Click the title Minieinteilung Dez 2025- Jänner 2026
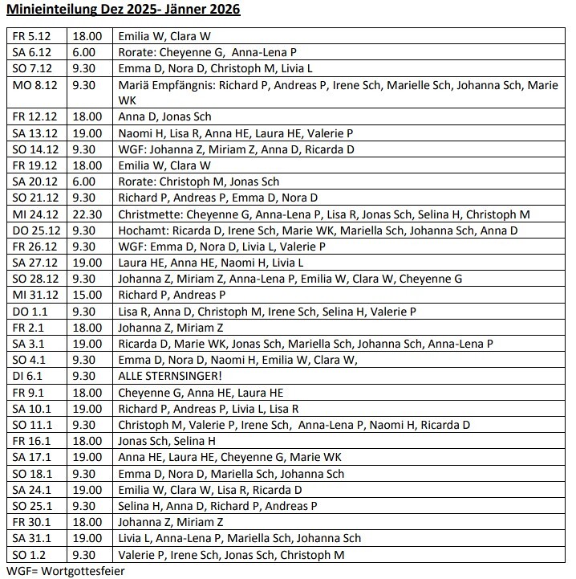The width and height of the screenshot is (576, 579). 123,10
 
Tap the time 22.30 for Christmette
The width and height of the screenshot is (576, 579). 87,214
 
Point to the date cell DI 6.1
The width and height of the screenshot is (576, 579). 26,376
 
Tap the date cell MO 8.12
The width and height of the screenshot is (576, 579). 31,84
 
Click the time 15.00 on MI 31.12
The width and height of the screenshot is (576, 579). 87,295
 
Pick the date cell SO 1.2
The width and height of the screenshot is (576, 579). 27,554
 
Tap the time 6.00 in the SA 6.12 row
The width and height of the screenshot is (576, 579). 83,52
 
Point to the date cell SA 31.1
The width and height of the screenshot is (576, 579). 30,538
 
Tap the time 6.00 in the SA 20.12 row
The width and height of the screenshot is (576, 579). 83,181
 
